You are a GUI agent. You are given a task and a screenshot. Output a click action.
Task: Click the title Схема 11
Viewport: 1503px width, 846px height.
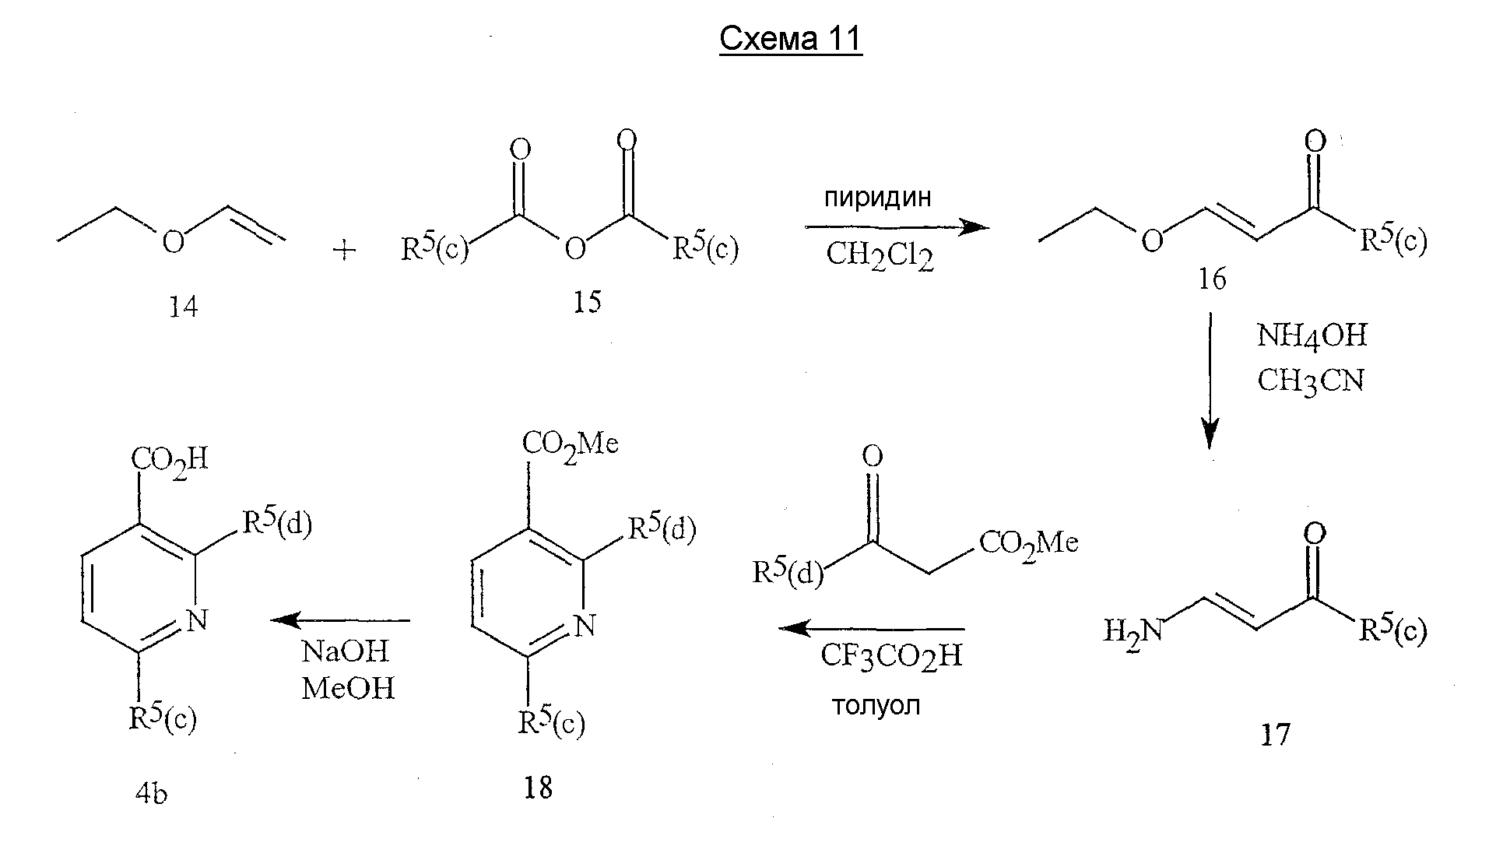click(791, 38)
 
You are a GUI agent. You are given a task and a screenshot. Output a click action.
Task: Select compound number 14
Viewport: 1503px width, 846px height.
click(184, 307)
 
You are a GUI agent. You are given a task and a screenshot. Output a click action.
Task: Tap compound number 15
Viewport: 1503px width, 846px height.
click(587, 302)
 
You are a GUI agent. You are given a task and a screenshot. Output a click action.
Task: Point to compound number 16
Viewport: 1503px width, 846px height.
click(1211, 279)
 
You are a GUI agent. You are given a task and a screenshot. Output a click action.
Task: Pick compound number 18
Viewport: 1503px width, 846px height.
click(538, 788)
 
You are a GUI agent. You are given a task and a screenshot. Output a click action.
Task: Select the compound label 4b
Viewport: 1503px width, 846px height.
click(151, 795)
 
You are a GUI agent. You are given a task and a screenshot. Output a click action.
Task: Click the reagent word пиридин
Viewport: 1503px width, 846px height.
click(877, 198)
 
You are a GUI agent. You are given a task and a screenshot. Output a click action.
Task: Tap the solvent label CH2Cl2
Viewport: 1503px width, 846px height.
click(880, 255)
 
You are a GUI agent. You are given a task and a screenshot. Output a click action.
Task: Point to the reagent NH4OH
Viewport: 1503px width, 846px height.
click(1312, 336)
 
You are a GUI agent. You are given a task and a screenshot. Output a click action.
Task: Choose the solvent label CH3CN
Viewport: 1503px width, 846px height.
click(1312, 381)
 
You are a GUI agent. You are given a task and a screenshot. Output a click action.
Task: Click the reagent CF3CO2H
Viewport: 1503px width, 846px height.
click(891, 656)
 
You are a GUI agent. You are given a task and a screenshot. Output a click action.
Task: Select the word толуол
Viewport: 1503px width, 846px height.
click(876, 705)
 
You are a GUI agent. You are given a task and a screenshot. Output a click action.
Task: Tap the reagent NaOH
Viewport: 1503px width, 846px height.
click(345, 651)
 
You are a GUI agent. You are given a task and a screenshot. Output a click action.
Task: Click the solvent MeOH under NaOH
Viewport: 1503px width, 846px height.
click(348, 688)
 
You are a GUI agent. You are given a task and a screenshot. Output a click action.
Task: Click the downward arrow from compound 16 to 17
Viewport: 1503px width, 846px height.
click(1210, 381)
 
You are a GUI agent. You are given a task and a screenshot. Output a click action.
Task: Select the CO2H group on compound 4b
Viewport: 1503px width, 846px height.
click(170, 459)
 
